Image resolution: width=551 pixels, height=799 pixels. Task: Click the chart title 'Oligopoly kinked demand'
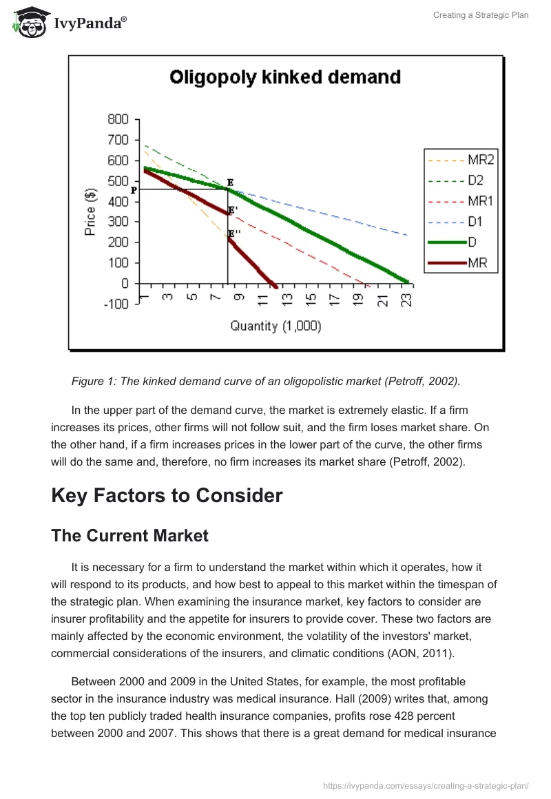click(x=285, y=76)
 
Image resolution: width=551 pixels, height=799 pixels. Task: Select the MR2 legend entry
click(x=481, y=160)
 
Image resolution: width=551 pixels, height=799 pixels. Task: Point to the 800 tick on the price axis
click(x=118, y=120)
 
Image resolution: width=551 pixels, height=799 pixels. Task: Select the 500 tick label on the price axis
click(x=118, y=181)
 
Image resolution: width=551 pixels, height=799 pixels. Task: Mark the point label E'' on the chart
click(x=234, y=234)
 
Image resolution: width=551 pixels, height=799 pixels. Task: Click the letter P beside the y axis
click(x=134, y=190)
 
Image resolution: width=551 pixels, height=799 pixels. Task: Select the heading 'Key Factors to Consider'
click(x=167, y=495)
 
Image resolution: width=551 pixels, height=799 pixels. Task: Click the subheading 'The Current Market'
click(x=129, y=536)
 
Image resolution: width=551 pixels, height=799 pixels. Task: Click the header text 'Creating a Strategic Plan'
click(x=481, y=15)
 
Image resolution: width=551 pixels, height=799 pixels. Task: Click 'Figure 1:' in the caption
click(x=94, y=382)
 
